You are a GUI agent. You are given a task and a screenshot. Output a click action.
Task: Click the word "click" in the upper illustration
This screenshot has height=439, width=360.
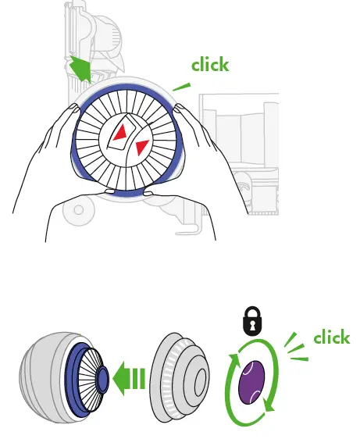210,64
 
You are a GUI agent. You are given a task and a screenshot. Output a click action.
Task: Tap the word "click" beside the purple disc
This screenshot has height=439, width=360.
331,337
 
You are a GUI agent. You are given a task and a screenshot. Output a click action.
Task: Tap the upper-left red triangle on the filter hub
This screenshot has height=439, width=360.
119,134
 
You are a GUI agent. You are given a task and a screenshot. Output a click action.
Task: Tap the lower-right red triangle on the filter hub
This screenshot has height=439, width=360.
141,148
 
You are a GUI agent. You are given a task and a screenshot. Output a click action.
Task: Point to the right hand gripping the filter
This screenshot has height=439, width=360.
203,148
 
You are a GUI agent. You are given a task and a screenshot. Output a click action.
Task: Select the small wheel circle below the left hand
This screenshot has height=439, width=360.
77,209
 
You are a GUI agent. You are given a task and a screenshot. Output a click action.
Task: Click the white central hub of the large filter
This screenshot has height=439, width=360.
129,141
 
